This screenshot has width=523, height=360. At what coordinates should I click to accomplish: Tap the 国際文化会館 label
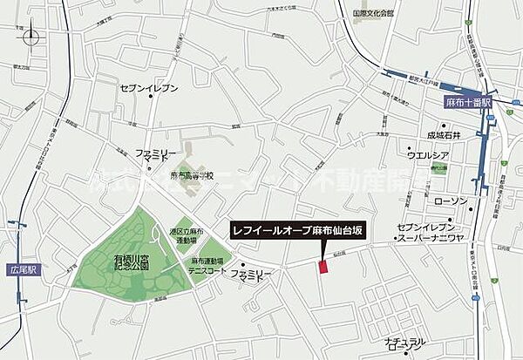pos(373,15)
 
